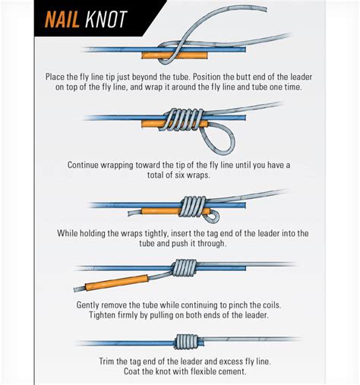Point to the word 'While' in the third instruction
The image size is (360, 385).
coord(71,233)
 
